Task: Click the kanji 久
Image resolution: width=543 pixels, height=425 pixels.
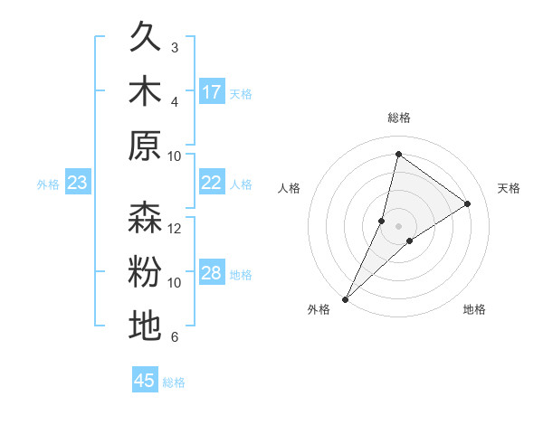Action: (145, 38)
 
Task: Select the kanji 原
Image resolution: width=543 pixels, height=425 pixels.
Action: (145, 146)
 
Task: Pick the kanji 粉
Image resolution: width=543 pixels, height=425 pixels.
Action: (145, 272)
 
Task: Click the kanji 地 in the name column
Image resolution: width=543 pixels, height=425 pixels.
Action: (145, 326)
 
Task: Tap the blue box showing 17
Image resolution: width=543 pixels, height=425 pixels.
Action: (212, 91)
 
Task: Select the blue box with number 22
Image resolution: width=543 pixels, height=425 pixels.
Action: (212, 183)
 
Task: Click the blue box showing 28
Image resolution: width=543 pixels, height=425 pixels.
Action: (212, 273)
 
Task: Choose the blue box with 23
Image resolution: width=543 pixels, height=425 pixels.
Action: (77, 184)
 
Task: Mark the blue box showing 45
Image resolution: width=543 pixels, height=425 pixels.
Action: (145, 381)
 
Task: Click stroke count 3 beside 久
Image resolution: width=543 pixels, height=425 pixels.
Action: (175, 47)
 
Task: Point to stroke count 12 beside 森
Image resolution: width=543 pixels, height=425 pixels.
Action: (175, 228)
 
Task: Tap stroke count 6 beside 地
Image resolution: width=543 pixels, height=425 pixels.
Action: (175, 337)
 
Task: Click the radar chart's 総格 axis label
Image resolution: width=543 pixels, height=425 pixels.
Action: (398, 118)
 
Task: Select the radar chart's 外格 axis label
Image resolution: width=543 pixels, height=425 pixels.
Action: (319, 309)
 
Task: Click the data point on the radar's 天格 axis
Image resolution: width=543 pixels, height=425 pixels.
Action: (468, 203)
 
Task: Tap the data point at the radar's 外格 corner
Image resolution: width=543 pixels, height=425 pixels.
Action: (345, 299)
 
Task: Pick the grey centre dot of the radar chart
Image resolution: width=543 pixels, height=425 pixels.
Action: (398, 226)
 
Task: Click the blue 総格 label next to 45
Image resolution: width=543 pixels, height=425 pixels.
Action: (174, 382)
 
